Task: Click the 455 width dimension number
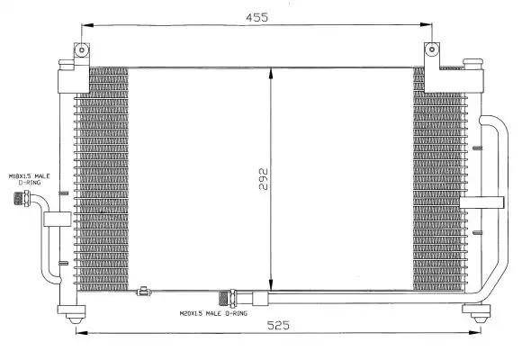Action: (x=256, y=17)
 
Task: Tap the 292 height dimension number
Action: (x=264, y=179)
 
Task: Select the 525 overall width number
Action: (x=278, y=325)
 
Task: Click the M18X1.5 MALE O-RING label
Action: (x=30, y=179)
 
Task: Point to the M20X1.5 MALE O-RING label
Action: (x=213, y=313)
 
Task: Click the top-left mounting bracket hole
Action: (x=82, y=50)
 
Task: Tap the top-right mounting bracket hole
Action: (x=432, y=49)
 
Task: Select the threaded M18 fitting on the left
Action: (x=22, y=199)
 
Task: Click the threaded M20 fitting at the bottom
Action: (x=227, y=298)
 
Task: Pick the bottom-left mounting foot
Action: (x=72, y=314)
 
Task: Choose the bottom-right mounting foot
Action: (x=477, y=313)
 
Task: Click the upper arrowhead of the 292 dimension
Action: (x=271, y=73)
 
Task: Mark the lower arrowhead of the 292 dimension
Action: (x=271, y=285)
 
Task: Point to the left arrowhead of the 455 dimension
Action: (x=87, y=25)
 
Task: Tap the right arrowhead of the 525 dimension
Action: (x=474, y=332)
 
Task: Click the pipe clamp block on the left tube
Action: (x=58, y=219)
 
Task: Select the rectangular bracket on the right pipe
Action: (x=481, y=202)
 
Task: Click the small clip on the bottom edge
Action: (x=144, y=292)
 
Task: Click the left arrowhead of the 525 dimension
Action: (x=82, y=332)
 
